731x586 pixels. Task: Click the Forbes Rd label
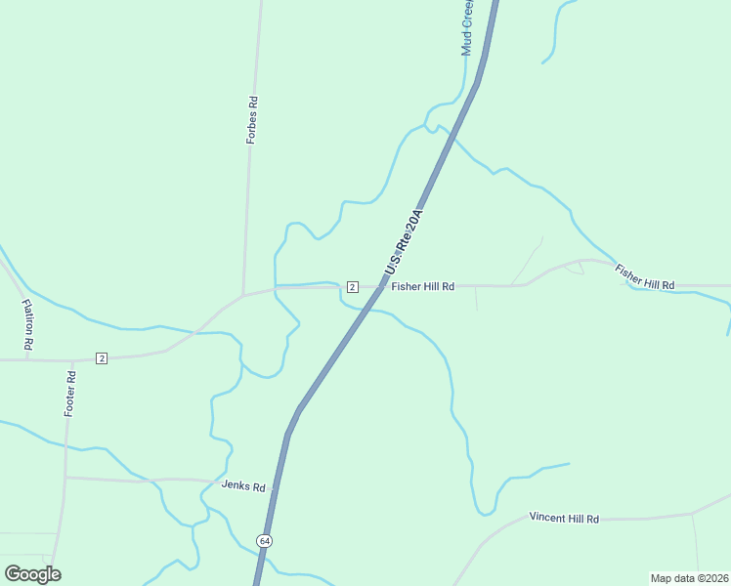click(x=251, y=120)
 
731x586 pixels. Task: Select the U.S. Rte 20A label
click(x=406, y=242)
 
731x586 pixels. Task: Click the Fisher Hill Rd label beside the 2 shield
click(x=423, y=286)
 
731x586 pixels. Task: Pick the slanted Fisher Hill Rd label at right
click(x=644, y=276)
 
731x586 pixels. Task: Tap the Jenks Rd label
click(x=243, y=485)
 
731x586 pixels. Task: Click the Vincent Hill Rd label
click(x=564, y=518)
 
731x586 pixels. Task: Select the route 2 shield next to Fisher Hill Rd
click(x=352, y=286)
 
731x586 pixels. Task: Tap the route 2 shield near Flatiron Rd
click(x=102, y=358)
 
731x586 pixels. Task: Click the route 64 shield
click(x=264, y=540)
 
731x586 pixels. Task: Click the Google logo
click(x=32, y=574)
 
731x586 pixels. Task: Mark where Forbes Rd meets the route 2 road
click(x=243, y=293)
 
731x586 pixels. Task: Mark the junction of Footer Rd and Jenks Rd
click(x=65, y=478)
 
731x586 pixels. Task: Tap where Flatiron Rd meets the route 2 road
click(x=26, y=359)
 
